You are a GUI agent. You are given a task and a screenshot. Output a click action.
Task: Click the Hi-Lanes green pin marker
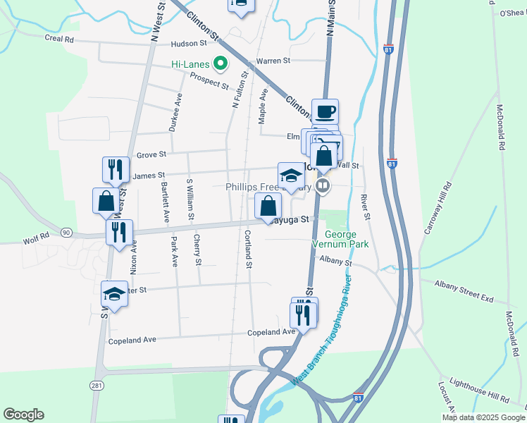coord(220,64)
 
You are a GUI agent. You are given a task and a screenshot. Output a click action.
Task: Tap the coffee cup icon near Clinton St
coord(325,112)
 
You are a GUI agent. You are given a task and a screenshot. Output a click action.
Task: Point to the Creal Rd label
coord(59,39)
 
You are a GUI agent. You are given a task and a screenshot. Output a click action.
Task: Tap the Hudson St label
coord(187,44)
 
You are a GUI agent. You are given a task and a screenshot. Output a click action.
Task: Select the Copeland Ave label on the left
coord(132,341)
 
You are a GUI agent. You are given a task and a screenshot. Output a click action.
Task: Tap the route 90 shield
coord(66,232)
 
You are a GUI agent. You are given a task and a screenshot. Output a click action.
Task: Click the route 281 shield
coord(97,384)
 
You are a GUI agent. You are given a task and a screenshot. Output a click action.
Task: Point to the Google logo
coord(23,415)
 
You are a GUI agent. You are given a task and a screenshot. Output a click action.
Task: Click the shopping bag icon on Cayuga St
coord(268,207)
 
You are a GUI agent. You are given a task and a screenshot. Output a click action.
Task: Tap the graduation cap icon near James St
coord(290,176)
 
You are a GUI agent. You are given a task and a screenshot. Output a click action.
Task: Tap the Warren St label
coord(273,61)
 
